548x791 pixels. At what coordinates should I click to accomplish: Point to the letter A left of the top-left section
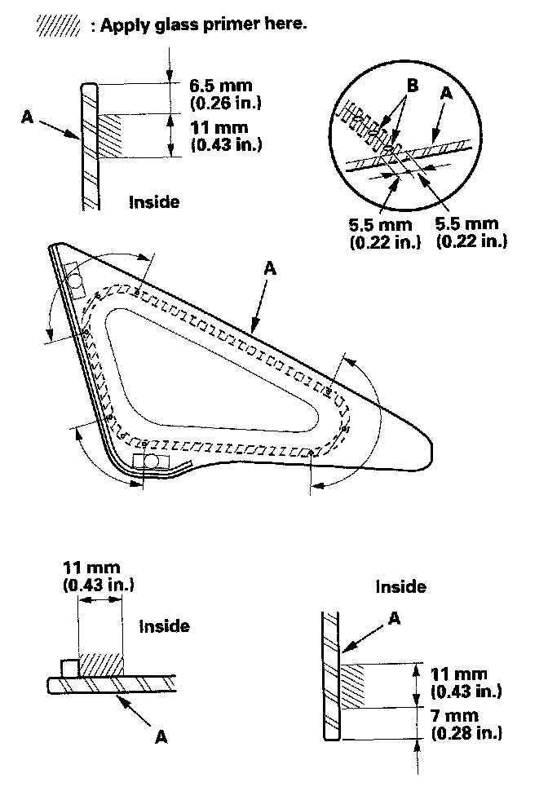click(28, 117)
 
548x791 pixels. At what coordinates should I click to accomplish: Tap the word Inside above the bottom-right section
click(400, 586)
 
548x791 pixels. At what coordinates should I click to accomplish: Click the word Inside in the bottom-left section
click(164, 626)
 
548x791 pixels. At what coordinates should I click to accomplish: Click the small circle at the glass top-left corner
click(76, 282)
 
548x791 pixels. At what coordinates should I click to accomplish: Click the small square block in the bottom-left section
click(68, 668)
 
